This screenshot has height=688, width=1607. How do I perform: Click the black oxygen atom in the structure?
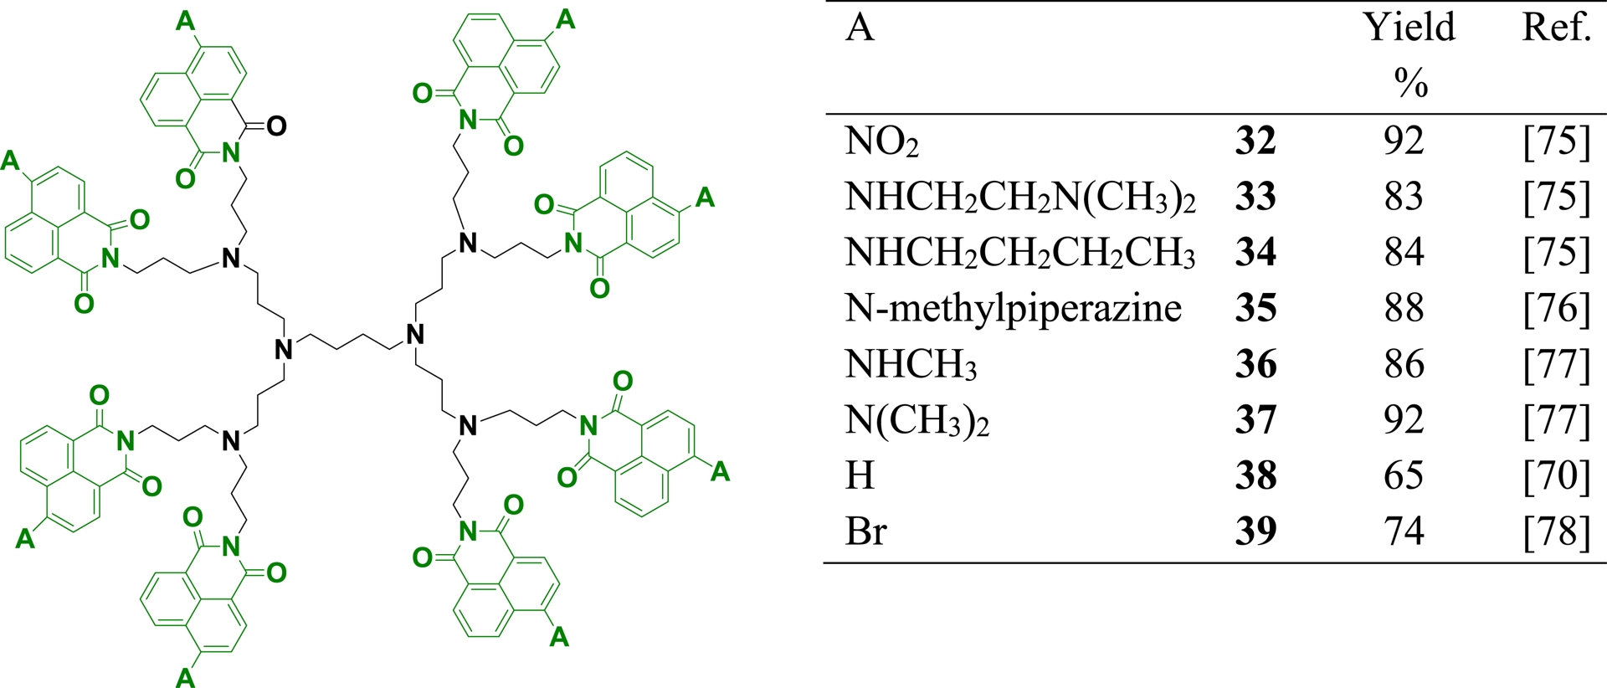tap(276, 126)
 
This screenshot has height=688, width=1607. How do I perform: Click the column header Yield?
tap(1409, 28)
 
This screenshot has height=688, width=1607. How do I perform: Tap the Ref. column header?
tap(1556, 28)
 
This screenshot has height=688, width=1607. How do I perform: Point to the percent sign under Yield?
tap(1411, 83)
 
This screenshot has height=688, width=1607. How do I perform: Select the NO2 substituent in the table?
tap(882, 141)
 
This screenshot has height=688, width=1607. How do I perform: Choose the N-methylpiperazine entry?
tap(1014, 308)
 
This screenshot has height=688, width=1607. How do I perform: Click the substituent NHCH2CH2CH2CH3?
tap(1020, 253)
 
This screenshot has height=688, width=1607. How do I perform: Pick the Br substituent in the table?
tap(866, 531)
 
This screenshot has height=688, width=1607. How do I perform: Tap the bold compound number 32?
tap(1255, 141)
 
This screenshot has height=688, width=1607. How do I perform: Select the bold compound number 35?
tap(1255, 308)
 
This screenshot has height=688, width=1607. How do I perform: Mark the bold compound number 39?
tap(1255, 531)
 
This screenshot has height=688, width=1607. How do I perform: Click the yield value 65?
tap(1404, 475)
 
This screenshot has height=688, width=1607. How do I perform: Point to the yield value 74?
tap(1404, 531)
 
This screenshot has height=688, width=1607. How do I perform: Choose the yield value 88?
tap(1404, 308)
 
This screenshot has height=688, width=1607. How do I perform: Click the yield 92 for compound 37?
tap(1404, 420)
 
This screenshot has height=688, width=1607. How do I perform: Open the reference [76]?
tap(1557, 308)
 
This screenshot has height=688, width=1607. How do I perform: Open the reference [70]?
tap(1557, 475)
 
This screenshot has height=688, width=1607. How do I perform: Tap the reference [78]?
tap(1557, 531)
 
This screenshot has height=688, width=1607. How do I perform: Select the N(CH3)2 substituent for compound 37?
tap(917, 420)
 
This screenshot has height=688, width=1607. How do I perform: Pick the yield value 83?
tap(1404, 197)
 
